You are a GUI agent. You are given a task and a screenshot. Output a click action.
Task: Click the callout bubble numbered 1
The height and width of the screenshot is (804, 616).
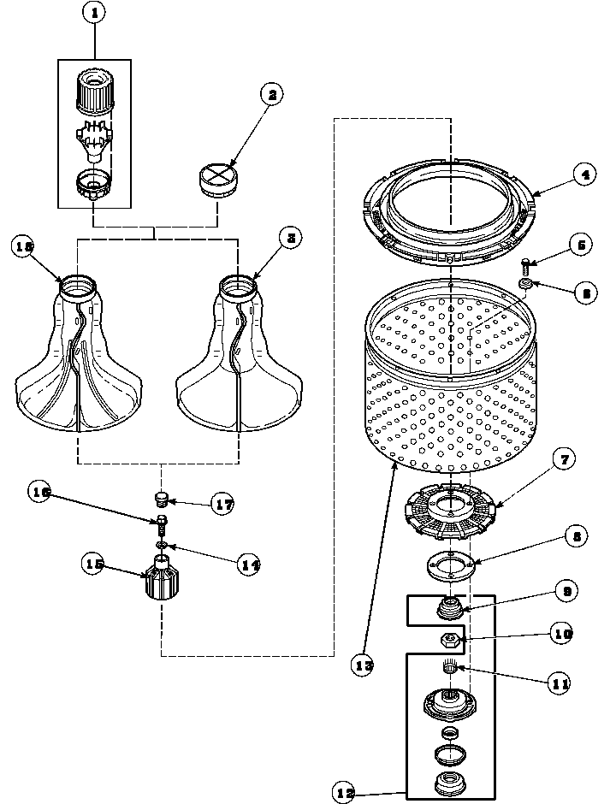(94, 14)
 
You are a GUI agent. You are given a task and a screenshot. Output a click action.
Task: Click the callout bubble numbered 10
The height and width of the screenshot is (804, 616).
(562, 635)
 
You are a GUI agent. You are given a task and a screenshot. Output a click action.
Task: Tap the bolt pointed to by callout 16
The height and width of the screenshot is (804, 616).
(161, 522)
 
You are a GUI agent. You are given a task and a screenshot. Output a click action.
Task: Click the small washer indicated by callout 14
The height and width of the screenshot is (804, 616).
(161, 544)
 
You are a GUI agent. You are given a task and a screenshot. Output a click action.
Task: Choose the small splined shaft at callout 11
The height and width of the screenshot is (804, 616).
(450, 667)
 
